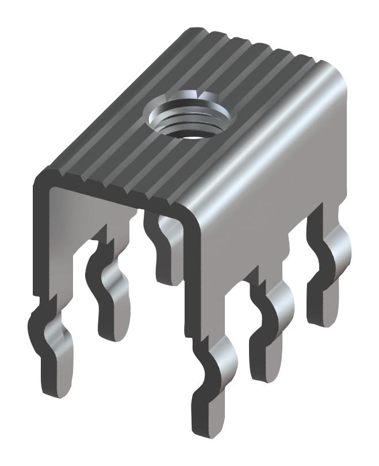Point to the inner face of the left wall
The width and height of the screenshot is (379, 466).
click(63, 230)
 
